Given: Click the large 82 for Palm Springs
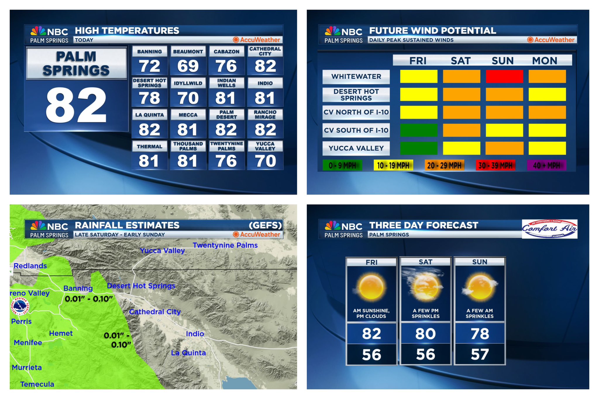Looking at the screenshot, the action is pyautogui.click(x=76, y=105).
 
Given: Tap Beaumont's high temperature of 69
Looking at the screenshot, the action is pyautogui.click(x=188, y=66).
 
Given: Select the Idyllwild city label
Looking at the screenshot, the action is pyautogui.click(x=188, y=83).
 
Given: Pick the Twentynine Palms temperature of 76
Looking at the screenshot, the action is pyautogui.click(x=226, y=161).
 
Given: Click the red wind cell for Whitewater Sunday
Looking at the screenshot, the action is pyautogui.click(x=504, y=76).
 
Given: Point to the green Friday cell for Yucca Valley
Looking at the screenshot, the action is pyautogui.click(x=419, y=148).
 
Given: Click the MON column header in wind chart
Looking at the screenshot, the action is pyautogui.click(x=545, y=61).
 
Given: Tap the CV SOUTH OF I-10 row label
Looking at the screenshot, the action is pyautogui.click(x=356, y=130).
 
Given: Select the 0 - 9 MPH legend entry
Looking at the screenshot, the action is pyautogui.click(x=342, y=166).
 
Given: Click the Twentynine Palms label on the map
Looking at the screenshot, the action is pyautogui.click(x=225, y=245).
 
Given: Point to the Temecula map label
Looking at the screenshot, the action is pyautogui.click(x=37, y=384).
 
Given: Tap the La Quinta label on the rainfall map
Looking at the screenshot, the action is pyautogui.click(x=188, y=353).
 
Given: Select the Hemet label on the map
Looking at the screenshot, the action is pyautogui.click(x=61, y=333).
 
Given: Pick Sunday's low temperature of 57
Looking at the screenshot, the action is pyautogui.click(x=480, y=355).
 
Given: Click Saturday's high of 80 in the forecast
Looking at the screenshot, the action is pyautogui.click(x=426, y=334).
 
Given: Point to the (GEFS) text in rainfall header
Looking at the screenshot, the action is pyautogui.click(x=265, y=225).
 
